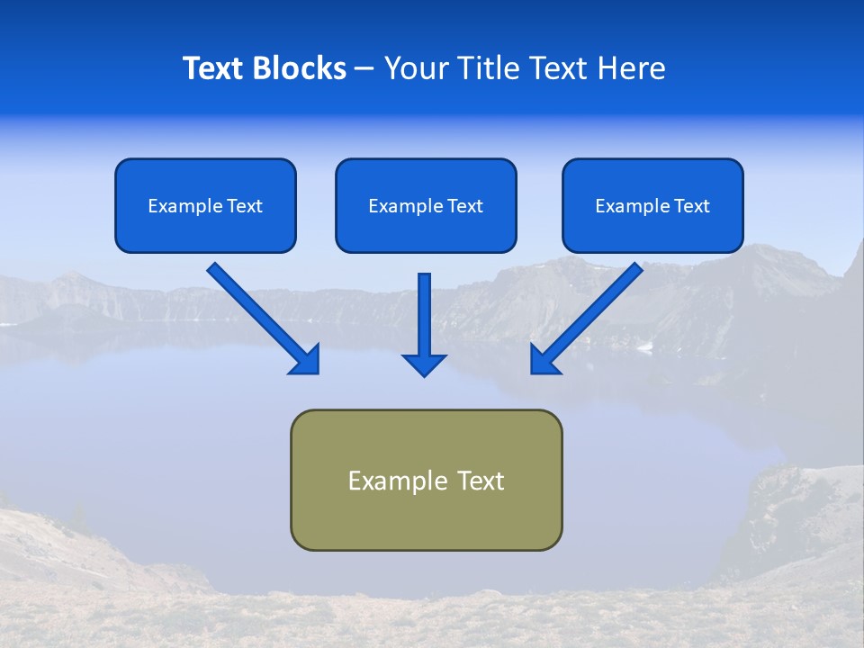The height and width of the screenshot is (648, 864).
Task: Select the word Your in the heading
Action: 414,68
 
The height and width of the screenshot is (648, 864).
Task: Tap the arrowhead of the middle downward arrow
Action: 424,364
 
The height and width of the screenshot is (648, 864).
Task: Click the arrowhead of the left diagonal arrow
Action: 306,360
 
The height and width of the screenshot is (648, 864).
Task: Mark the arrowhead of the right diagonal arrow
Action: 544,360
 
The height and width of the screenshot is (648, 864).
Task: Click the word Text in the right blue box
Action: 690,206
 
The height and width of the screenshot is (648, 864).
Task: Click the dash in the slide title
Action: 365,69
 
